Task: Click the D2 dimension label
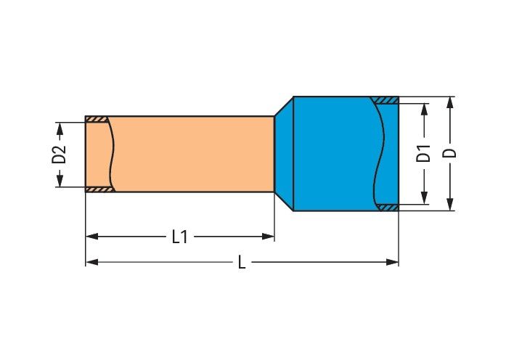pyautogui.click(x=59, y=155)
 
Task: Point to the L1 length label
pyautogui.click(x=179, y=237)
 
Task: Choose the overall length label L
pyautogui.click(x=242, y=262)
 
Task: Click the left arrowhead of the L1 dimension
pyautogui.click(x=92, y=237)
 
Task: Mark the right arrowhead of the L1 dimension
pyautogui.click(x=268, y=237)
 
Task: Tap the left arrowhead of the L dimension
pyautogui.click(x=92, y=262)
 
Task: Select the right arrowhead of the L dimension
pyautogui.click(x=393, y=262)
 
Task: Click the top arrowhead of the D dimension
pyautogui.click(x=450, y=102)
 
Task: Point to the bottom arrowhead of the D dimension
pyautogui.click(x=450, y=205)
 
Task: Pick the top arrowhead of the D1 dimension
pyautogui.click(x=425, y=110)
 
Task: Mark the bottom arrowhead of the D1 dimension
pyautogui.click(x=425, y=197)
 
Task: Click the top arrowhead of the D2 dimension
pyautogui.click(x=60, y=128)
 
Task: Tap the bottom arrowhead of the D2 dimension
pyautogui.click(x=60, y=181)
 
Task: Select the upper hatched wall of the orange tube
pyautogui.click(x=97, y=119)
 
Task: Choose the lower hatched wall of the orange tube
pyautogui.click(x=100, y=189)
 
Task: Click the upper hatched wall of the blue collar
pyautogui.click(x=385, y=100)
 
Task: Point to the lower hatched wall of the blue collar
pyautogui.click(x=388, y=208)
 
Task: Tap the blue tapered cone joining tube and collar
pyautogui.click(x=285, y=154)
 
